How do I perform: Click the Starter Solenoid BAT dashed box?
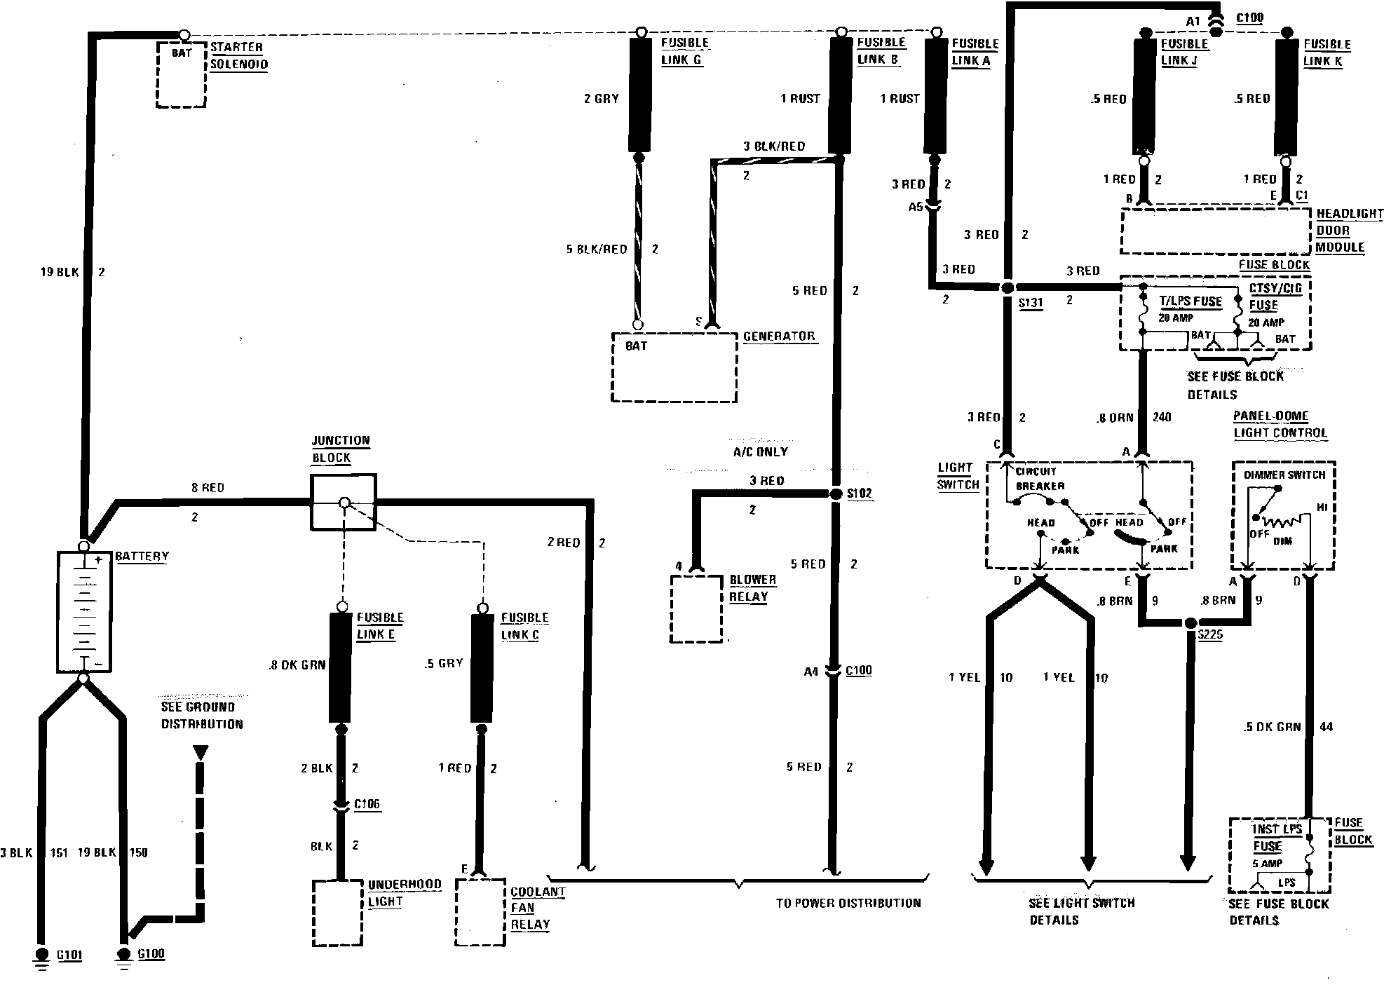[x=181, y=73]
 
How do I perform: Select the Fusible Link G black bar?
[x=640, y=94]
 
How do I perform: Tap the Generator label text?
[x=779, y=336]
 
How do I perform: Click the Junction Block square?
[x=343, y=502]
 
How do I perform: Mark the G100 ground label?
[x=151, y=954]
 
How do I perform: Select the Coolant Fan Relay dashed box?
[x=480, y=911]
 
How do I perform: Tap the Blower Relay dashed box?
[x=696, y=608]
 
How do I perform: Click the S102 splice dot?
[x=836, y=494]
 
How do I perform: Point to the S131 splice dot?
[x=1008, y=287]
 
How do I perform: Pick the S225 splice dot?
[x=1190, y=623]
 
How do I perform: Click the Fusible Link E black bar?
[x=341, y=667]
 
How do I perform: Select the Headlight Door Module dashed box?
[x=1214, y=231]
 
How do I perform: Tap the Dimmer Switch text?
[x=1284, y=475]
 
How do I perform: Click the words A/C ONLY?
[x=760, y=452]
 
